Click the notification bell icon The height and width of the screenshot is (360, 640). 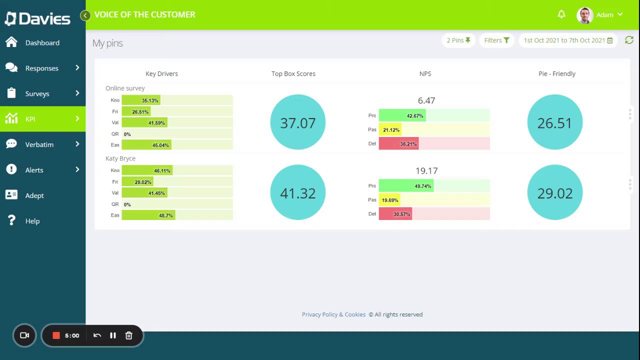coord(561,14)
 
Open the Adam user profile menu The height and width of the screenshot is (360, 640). coord(600,15)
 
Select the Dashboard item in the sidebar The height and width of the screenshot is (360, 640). coord(42,43)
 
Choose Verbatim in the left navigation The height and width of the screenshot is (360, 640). coord(39,144)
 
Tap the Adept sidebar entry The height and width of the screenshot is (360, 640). coord(34,195)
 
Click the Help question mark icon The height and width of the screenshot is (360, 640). coord(11,220)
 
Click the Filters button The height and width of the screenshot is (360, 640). coord(496,40)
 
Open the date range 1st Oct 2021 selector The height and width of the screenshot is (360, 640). coord(568,40)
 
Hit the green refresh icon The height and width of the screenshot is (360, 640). coord(629,40)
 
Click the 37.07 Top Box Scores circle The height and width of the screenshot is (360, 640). coord(297,122)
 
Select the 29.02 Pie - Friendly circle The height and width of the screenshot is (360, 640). coord(554,193)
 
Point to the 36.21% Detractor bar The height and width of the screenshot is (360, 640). coord(398,144)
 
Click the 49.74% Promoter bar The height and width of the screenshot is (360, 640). coord(406,186)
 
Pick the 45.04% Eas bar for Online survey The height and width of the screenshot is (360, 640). coord(146,145)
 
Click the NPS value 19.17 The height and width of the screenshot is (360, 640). coord(426,171)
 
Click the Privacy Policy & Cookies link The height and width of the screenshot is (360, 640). coord(333,314)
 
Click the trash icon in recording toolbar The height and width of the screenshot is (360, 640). coord(128,335)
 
